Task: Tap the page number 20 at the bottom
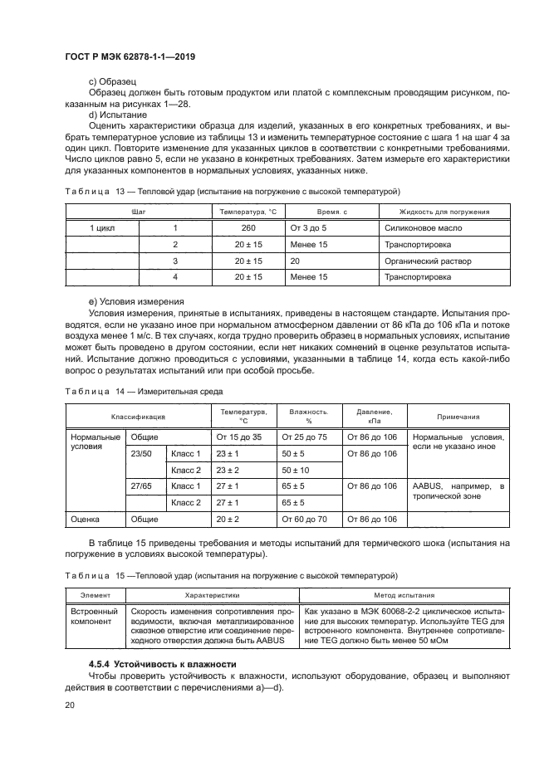[x=70, y=705]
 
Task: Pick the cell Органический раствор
[x=427, y=261]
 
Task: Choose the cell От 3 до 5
[x=308, y=227]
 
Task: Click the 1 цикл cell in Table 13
[x=102, y=227]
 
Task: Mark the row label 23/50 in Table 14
[x=142, y=454]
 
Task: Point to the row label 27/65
[x=142, y=486]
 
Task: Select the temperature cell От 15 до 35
[x=238, y=437]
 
